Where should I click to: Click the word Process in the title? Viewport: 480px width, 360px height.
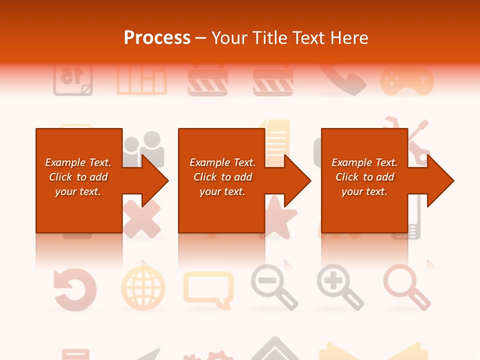[x=157, y=38]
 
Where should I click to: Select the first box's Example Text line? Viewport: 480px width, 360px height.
[x=78, y=162]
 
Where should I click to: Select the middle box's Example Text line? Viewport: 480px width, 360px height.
[x=222, y=162]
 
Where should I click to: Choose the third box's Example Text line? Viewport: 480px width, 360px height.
[x=364, y=162]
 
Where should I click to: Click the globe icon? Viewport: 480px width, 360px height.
[x=143, y=288]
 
